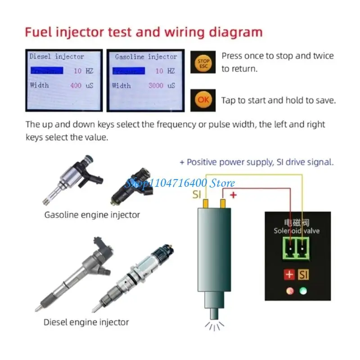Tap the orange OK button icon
tap(203, 100)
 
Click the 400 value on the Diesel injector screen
tap(76, 85)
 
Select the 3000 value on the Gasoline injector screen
tap(156, 85)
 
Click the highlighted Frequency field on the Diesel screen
tap(46, 71)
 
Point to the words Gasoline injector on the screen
tap(146, 57)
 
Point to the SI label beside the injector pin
tap(197, 195)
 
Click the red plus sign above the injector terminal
tap(233, 194)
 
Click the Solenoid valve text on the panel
tap(297, 231)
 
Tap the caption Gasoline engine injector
tap(92, 215)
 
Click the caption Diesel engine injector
tap(86, 322)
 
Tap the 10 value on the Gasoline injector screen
tap(159, 71)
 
